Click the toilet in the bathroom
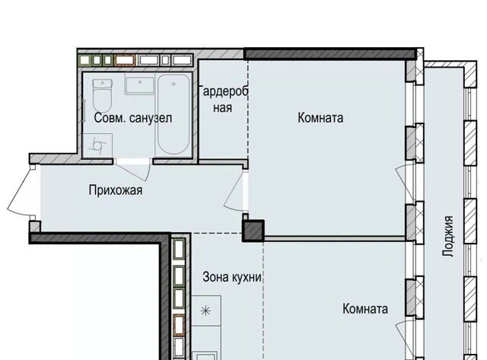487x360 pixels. [x=102, y=95]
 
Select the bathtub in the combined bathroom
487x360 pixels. [x=173, y=114]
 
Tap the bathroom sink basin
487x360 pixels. [x=140, y=84]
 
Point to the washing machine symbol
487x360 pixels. [x=97, y=145]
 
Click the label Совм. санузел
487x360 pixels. [x=133, y=118]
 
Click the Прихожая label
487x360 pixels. [x=116, y=190]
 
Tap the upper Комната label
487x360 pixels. [x=320, y=118]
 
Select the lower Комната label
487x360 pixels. [x=365, y=309]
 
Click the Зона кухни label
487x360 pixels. [x=232, y=277]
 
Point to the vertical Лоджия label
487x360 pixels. [x=448, y=236]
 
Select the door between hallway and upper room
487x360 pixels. [x=235, y=192]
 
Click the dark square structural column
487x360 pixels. [x=253, y=231]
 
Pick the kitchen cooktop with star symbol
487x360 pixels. [x=206, y=311]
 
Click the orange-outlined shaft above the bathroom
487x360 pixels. [x=125, y=60]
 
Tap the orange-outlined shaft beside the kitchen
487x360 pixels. [x=179, y=325]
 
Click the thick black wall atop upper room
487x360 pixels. [x=330, y=54]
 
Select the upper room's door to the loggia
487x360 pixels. [x=403, y=183]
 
